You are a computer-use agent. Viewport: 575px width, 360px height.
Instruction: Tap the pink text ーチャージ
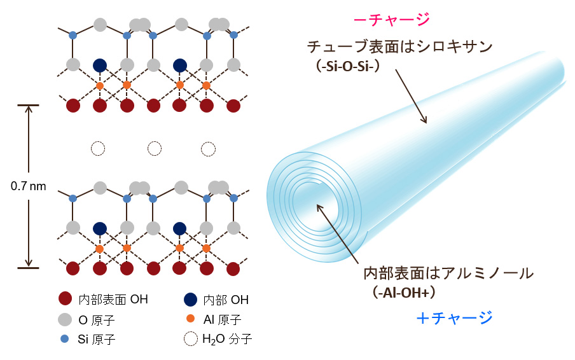[x=392, y=20]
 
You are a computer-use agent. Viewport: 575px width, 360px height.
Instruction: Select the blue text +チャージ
[x=454, y=317]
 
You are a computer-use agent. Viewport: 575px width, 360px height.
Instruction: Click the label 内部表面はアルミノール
[x=448, y=273]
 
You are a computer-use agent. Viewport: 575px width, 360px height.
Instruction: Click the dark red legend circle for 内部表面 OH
[x=64, y=299]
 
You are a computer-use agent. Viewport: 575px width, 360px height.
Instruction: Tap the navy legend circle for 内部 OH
[x=189, y=299]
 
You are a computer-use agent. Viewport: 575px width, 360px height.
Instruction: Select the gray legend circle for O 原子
[x=64, y=319]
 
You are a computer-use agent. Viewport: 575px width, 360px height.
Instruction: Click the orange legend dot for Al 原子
[x=189, y=319]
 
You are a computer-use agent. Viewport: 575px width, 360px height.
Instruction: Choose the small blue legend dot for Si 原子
[x=64, y=339]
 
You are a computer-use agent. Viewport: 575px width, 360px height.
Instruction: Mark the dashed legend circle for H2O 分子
[x=189, y=339]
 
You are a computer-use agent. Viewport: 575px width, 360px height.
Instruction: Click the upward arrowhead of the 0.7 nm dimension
[x=29, y=110]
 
